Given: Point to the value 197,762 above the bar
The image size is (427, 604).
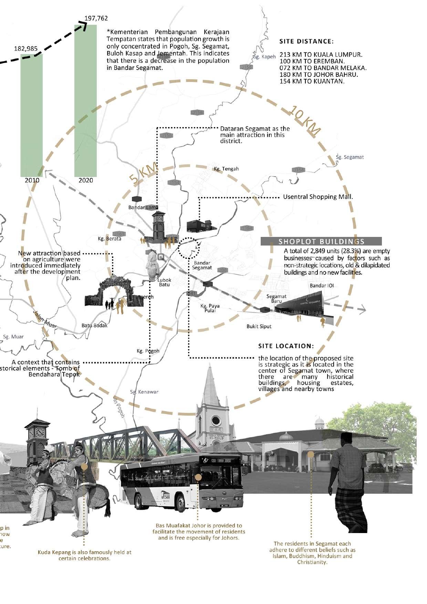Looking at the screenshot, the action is click(x=96, y=18).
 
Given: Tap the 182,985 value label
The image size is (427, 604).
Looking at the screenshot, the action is click(x=26, y=49).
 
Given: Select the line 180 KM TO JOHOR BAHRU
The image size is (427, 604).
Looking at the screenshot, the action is click(x=319, y=75).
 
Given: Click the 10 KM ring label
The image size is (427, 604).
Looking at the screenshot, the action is click(x=304, y=120).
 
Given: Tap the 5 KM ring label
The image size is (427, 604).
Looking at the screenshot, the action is click(x=143, y=174).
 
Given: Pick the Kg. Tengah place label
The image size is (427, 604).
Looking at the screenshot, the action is click(x=226, y=169).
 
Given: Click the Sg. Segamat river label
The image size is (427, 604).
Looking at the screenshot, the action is click(x=350, y=157).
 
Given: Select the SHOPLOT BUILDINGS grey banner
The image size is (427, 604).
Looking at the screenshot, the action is click(x=321, y=241).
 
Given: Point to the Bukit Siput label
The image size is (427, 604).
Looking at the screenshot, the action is click(x=259, y=326).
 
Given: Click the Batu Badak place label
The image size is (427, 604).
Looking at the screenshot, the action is click(x=94, y=325).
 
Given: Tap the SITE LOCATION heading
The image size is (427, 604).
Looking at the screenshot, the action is click(x=286, y=346).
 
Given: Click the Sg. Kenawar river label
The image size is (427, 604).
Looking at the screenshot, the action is click(x=144, y=392).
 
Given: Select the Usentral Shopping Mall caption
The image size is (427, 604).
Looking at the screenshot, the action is click(x=318, y=197).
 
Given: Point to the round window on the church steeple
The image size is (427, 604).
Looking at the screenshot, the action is click(x=216, y=420).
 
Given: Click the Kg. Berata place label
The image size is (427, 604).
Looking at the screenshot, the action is click(x=110, y=238).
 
